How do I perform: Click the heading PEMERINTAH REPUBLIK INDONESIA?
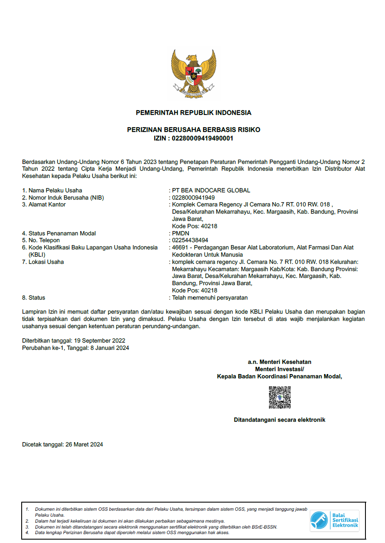click(193, 113)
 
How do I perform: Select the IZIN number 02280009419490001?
click(202, 138)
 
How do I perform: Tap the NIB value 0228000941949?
click(193, 197)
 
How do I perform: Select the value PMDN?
click(181, 233)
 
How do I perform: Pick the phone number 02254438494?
click(190, 240)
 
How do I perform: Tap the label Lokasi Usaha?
click(46, 262)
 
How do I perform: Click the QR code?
click(280, 397)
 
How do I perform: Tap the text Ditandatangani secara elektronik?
click(280, 420)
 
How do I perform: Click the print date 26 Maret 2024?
click(84, 445)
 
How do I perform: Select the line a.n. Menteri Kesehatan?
click(280, 362)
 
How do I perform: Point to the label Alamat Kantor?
click(47, 204)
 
